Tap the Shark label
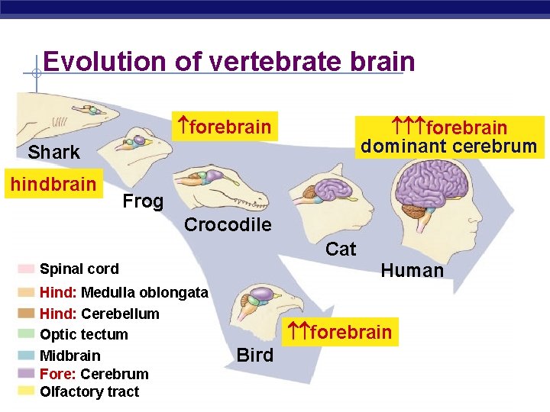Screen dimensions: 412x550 click(x=53, y=153)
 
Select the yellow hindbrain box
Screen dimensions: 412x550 click(x=53, y=185)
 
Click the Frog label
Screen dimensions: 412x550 click(x=143, y=201)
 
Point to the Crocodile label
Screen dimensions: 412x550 click(x=228, y=225)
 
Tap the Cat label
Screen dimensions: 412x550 click(x=341, y=249)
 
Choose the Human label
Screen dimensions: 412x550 click(x=412, y=271)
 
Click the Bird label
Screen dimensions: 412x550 click(x=255, y=355)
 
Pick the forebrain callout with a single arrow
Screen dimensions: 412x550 click(x=224, y=127)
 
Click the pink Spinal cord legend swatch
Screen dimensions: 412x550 click(x=26, y=269)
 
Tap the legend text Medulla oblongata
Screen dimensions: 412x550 click(x=144, y=293)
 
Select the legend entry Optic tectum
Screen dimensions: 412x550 click(x=84, y=334)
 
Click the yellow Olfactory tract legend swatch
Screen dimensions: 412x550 click(x=26, y=391)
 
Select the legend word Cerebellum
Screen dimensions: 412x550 click(x=120, y=314)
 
